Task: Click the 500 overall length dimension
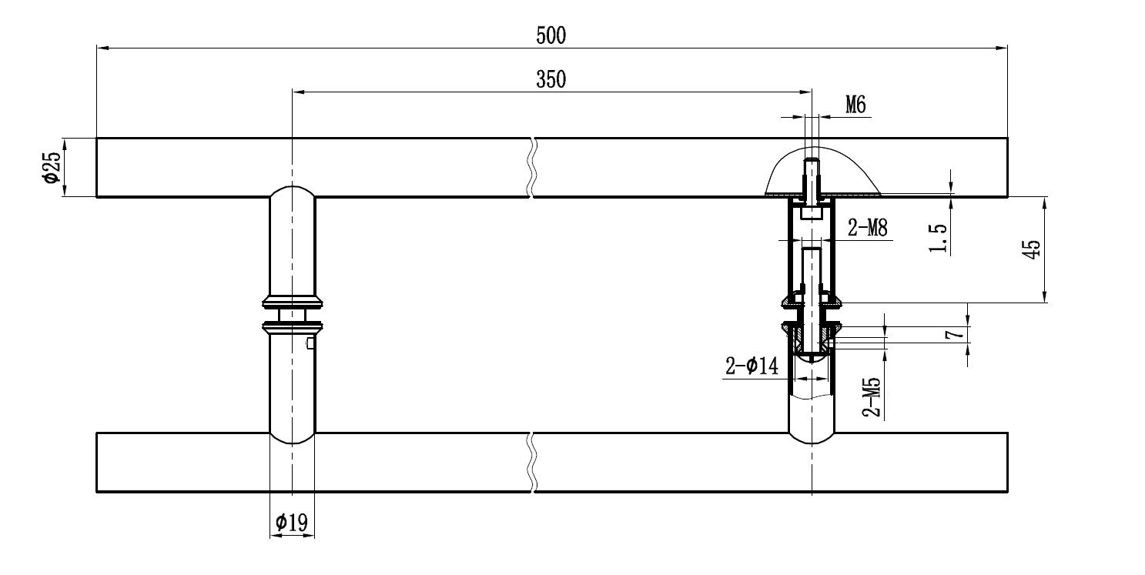[551, 35]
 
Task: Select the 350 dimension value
[551, 80]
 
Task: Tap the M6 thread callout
[855, 105]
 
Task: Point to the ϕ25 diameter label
[52, 167]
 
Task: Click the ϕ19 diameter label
[292, 523]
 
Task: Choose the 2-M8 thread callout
[868, 228]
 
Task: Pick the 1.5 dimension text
[938, 239]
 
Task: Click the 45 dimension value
[1033, 249]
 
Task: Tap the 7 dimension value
[956, 334]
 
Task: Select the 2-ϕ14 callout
[752, 366]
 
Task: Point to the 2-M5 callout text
[872, 397]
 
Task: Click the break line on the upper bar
[533, 167]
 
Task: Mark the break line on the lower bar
[533, 463]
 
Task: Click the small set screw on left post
[310, 343]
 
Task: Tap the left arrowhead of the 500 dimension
[102, 48]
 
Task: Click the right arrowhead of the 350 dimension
[806, 92]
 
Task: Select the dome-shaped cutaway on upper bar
[822, 171]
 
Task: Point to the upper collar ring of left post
[293, 302]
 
